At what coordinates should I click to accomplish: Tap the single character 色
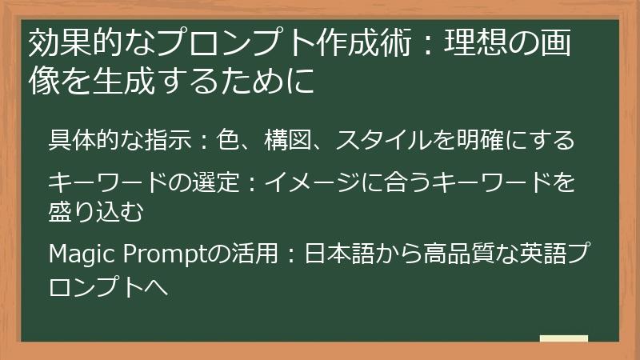228,140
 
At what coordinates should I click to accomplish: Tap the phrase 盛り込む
95,212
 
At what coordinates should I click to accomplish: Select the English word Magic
82,254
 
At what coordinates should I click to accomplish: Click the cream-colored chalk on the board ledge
564,338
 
